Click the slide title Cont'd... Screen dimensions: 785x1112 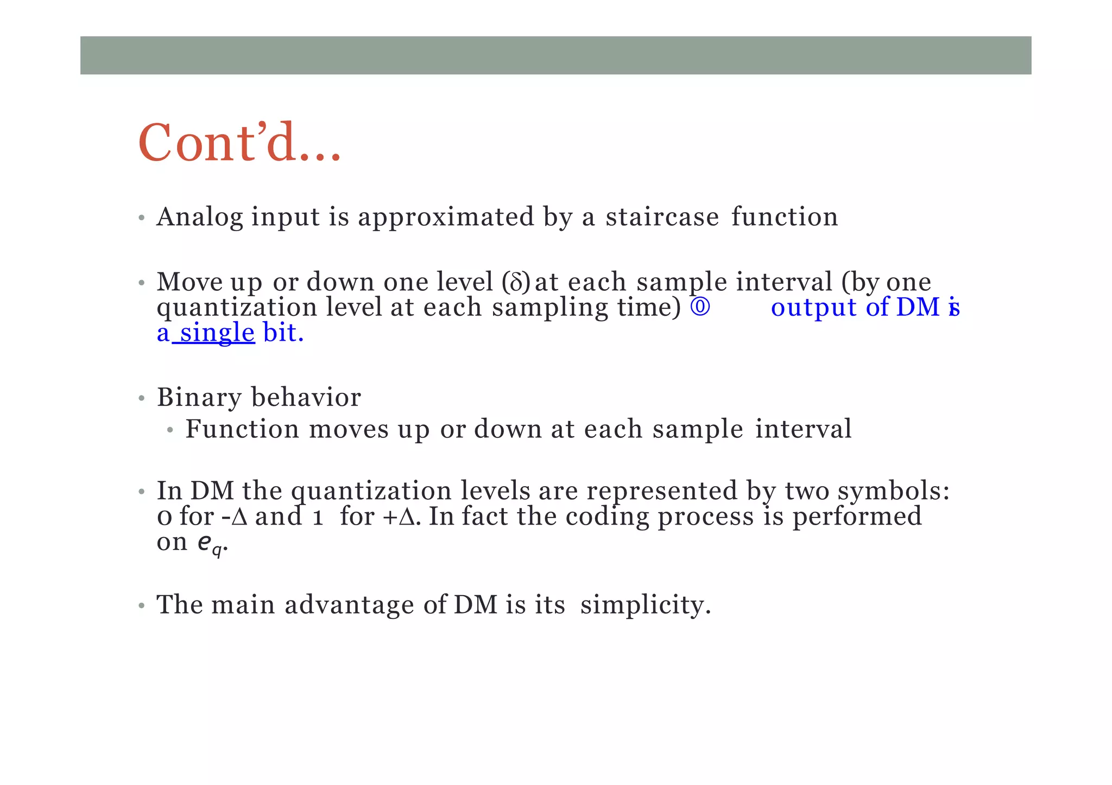[x=239, y=143]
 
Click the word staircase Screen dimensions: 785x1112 [x=662, y=217]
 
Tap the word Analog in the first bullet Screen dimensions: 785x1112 [x=199, y=217]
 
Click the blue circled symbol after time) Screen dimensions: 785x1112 [x=700, y=307]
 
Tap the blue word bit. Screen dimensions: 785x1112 [x=282, y=333]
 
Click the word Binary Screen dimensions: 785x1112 [x=199, y=398]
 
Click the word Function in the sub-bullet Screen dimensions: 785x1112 [x=242, y=429]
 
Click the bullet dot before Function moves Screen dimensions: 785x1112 [x=170, y=431]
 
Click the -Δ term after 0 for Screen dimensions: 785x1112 [x=235, y=516]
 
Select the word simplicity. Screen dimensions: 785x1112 [x=645, y=605]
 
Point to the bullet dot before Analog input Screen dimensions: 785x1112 [x=141, y=219]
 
